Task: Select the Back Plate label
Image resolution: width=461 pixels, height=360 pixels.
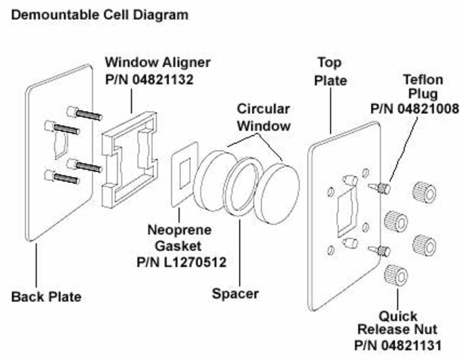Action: (x=46, y=296)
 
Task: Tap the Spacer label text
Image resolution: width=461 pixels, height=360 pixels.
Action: (x=235, y=293)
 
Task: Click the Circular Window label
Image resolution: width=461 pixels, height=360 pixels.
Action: (x=263, y=118)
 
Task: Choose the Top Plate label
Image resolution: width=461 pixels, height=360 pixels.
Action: (x=331, y=71)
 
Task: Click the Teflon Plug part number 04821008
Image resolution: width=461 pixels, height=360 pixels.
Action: (x=415, y=108)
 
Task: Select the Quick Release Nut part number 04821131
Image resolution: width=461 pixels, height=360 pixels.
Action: (x=399, y=346)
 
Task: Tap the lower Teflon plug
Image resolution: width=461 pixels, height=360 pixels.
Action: (x=380, y=249)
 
